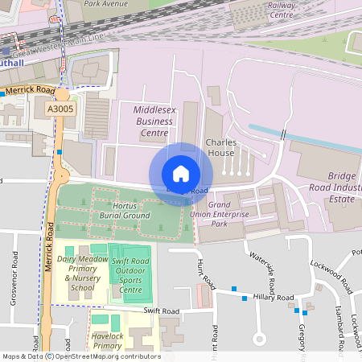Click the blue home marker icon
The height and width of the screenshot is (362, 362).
(x=181, y=173)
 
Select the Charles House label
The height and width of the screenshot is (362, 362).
(x=220, y=146)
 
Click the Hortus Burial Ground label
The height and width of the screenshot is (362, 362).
(x=125, y=210)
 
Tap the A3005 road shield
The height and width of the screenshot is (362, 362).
(x=60, y=108)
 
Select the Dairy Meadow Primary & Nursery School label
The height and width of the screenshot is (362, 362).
(x=82, y=274)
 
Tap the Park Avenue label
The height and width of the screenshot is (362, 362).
(x=105, y=4)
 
